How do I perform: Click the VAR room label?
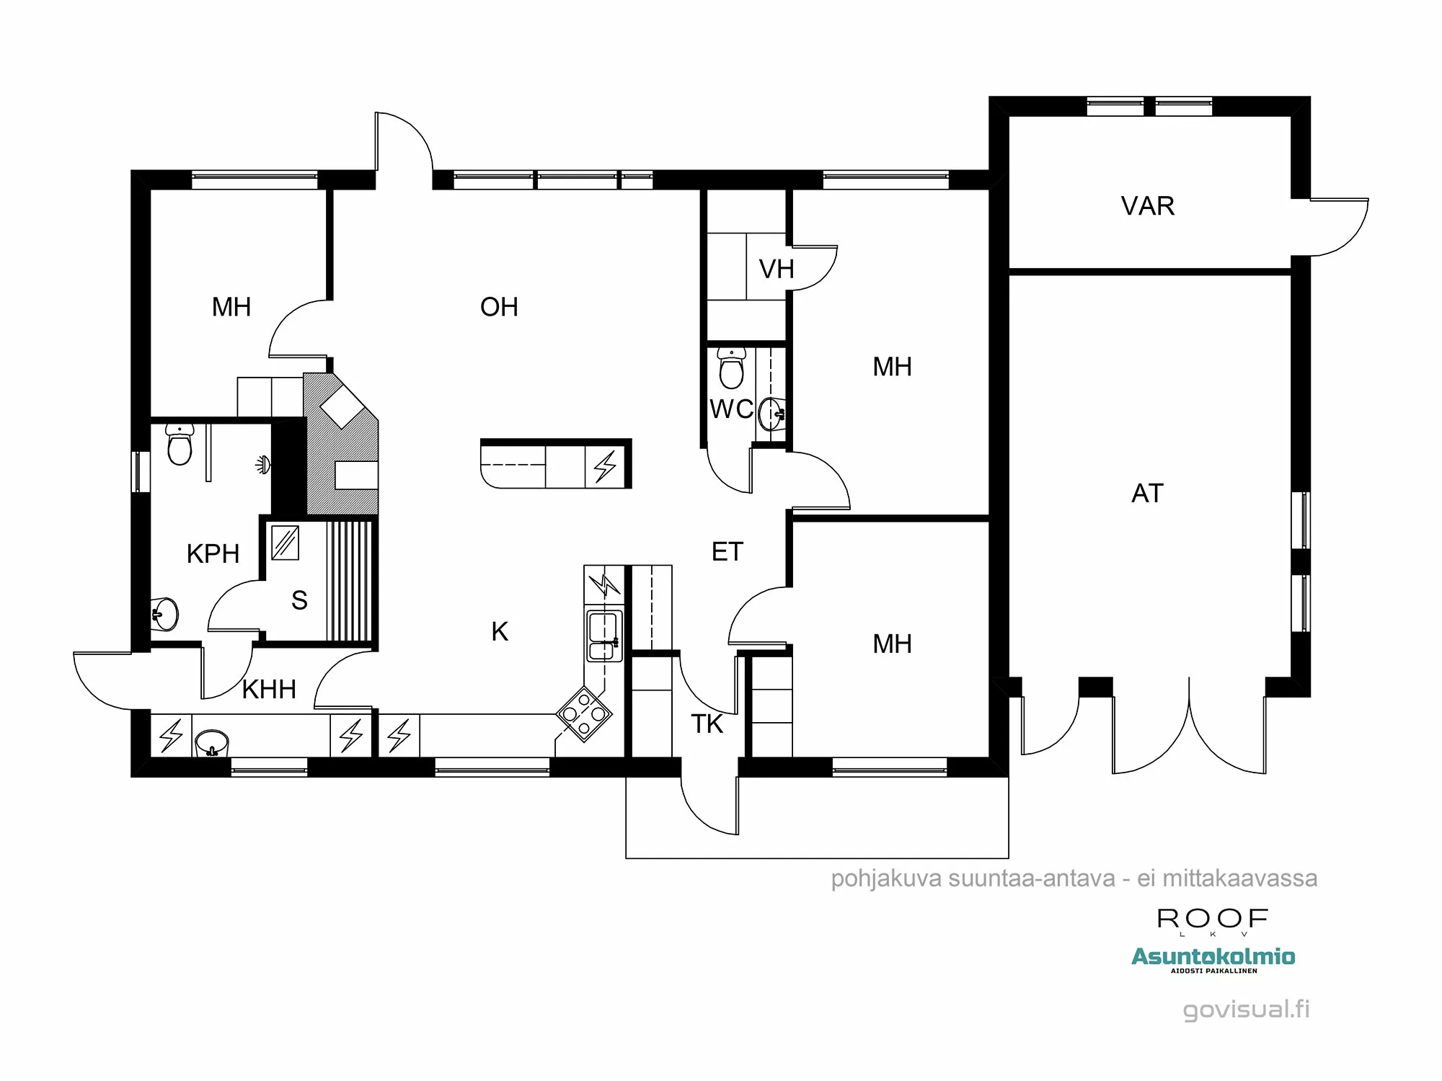[x=1147, y=206]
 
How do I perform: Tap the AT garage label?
[x=1147, y=494]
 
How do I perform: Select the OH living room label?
[x=499, y=307]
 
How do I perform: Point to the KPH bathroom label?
[x=213, y=554]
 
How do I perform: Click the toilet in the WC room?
[x=731, y=369]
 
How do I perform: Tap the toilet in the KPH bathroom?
[x=180, y=445]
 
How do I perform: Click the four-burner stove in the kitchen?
[x=584, y=714]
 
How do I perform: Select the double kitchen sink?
[x=604, y=636]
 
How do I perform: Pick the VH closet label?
[x=777, y=270]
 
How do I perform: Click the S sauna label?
[x=299, y=600]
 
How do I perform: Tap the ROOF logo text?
[x=1212, y=919]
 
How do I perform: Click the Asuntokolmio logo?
[x=1213, y=958]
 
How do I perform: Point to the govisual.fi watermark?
[x=1246, y=1009]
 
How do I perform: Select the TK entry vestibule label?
[x=707, y=724]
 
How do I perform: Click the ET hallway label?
[x=727, y=552]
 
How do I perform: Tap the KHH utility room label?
[x=269, y=690]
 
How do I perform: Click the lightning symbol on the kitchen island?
[x=605, y=467]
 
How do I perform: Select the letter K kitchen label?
[x=500, y=632]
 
